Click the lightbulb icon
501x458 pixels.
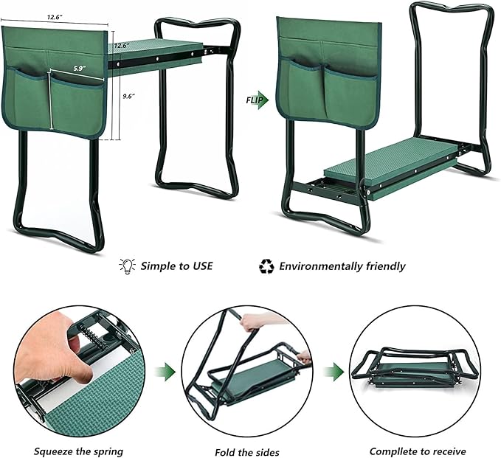[127, 266]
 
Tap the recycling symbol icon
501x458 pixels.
[266, 266]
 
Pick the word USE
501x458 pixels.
[198, 266]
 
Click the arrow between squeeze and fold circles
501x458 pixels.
[169, 369]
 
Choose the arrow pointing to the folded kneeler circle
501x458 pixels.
[337, 369]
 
